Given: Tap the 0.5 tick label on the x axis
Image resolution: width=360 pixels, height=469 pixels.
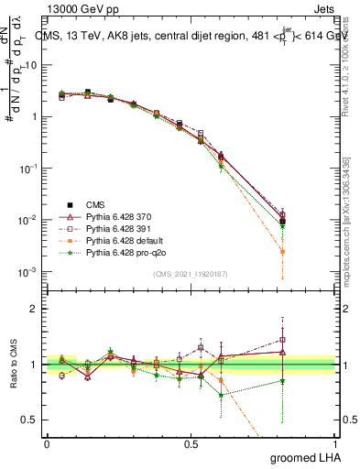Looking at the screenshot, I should point(191,443).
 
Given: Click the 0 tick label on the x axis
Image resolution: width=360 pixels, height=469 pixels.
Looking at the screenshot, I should point(47,443).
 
